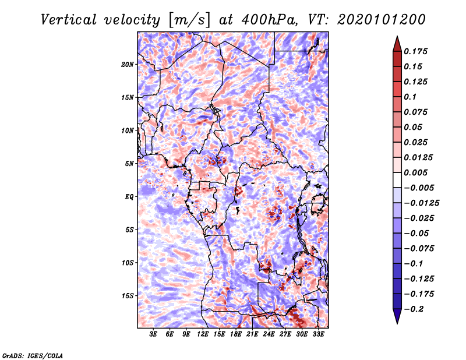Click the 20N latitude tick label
128,64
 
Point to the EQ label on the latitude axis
129,196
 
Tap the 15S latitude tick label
128,295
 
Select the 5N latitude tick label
129,163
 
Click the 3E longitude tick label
154,334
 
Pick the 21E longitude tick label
252,334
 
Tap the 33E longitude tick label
318,334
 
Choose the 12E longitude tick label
203,334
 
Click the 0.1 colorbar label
412,97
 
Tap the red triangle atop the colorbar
396,43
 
